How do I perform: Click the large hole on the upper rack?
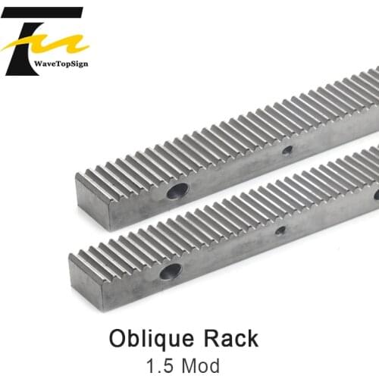[177, 191]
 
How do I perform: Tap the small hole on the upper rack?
[287, 150]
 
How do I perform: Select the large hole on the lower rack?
[171, 271]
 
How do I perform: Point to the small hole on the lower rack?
[280, 230]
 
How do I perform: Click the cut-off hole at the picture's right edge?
[376, 195]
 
